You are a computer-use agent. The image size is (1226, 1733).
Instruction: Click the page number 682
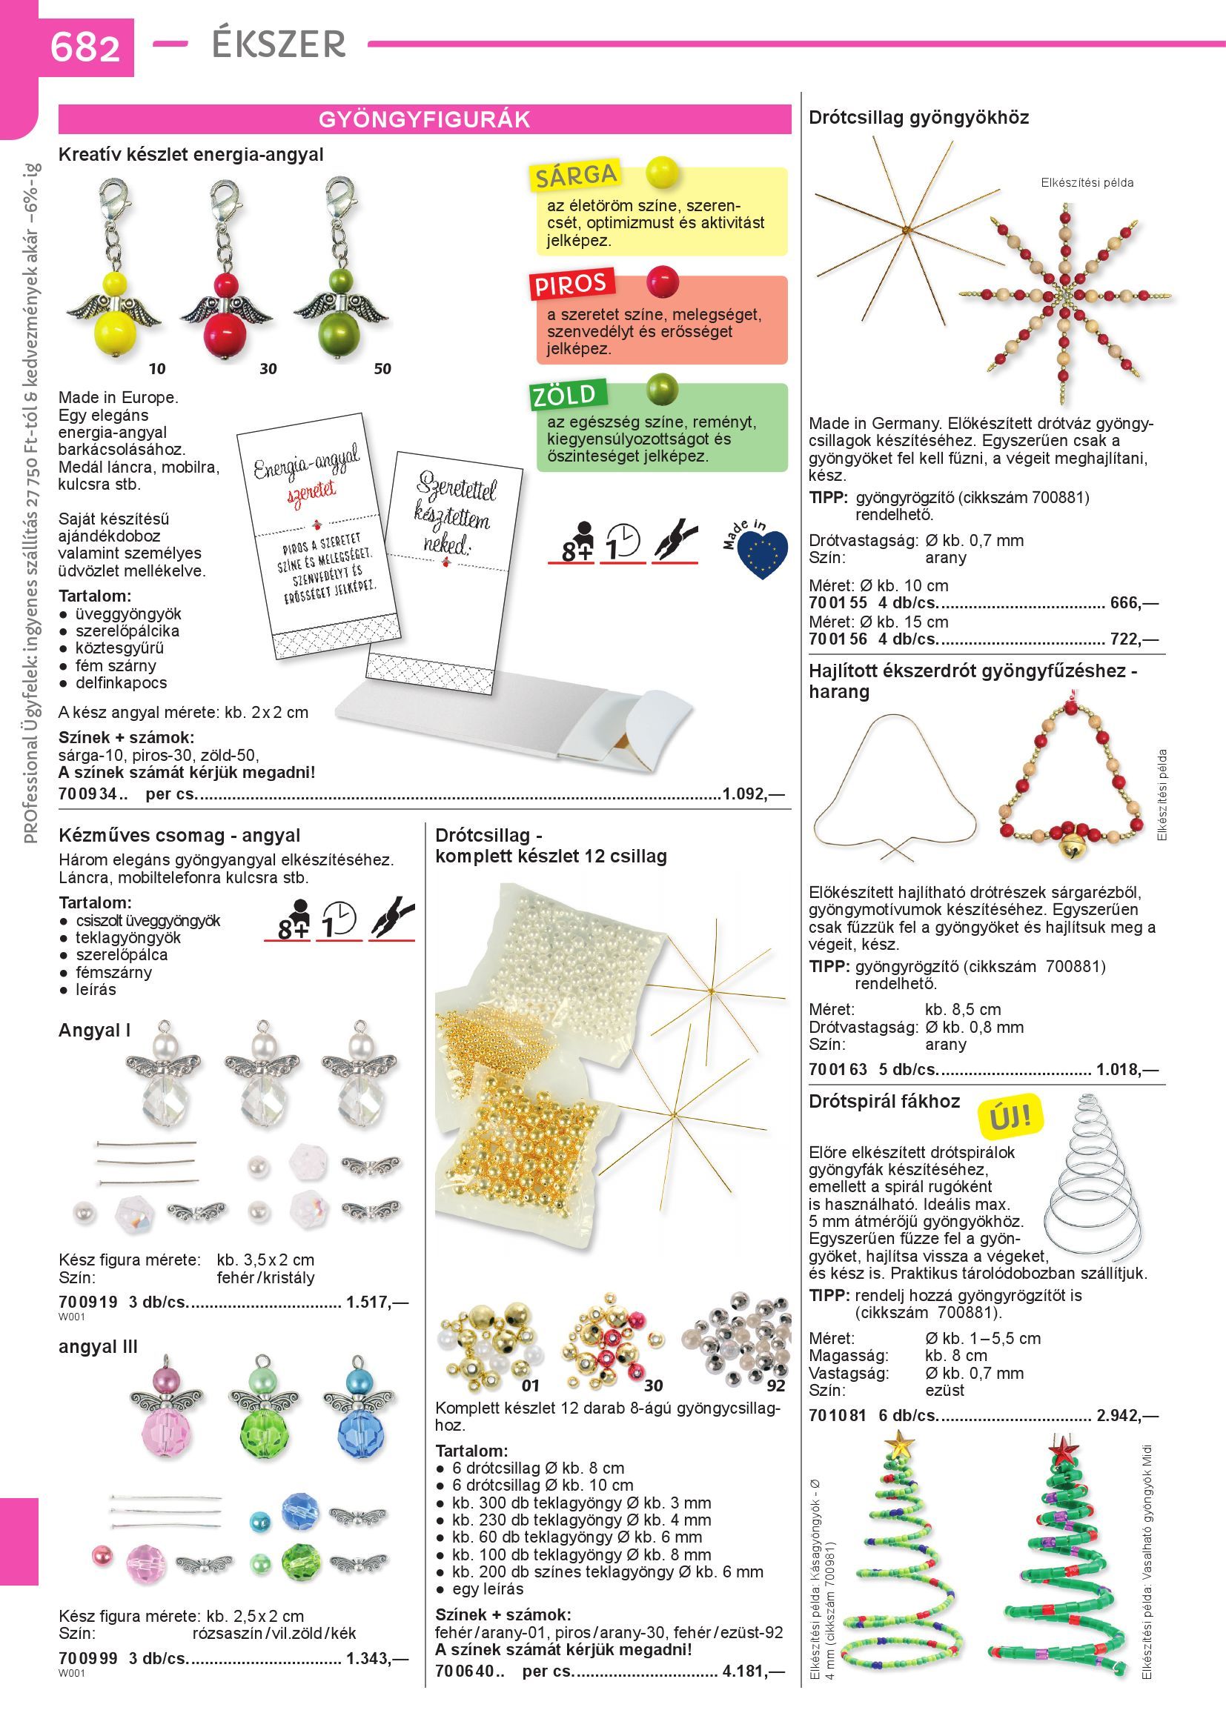(85, 47)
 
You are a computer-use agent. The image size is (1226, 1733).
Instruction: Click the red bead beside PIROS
(663, 282)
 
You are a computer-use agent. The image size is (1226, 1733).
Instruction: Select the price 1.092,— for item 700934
(753, 794)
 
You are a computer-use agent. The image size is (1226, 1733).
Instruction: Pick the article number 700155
(838, 603)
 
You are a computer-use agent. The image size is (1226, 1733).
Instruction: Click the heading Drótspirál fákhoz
(884, 1101)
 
